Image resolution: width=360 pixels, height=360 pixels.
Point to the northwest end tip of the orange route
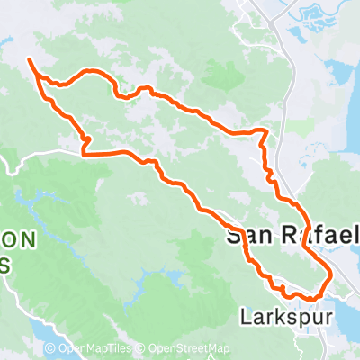30,59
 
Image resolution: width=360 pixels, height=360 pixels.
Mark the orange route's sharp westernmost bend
84,153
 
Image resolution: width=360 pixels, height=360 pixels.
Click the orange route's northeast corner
265,131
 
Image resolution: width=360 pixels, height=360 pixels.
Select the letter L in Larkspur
245,317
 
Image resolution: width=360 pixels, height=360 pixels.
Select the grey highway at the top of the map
261,18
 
